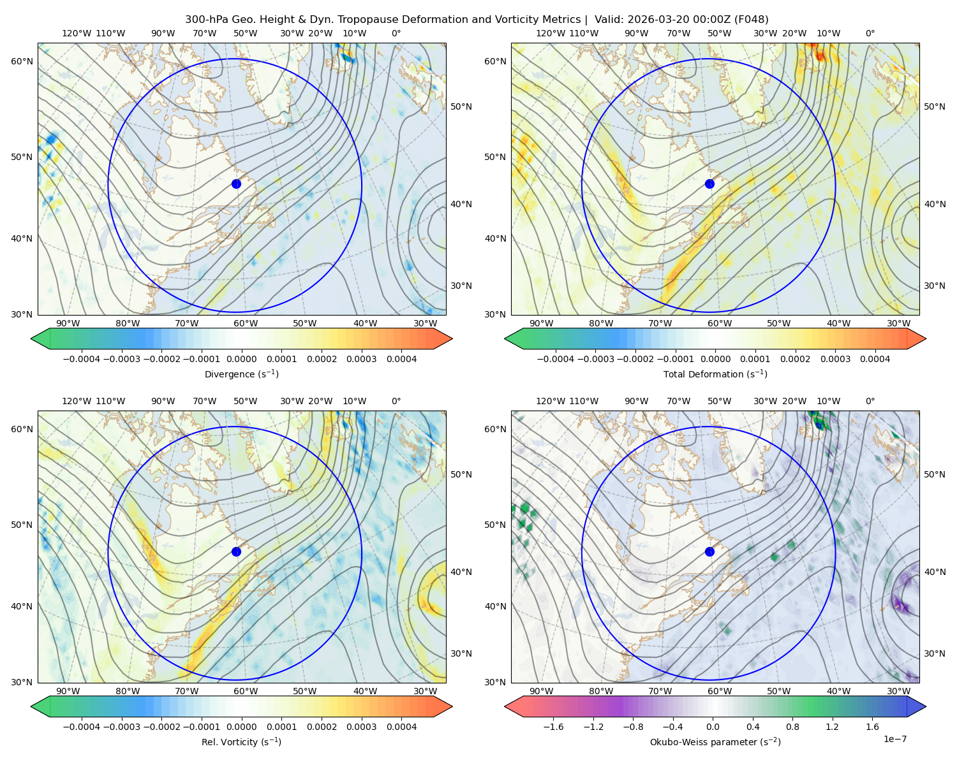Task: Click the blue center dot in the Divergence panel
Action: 236,184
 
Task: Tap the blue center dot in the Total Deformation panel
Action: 709,184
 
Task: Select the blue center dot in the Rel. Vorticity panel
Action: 236,551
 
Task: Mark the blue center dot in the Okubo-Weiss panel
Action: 709,551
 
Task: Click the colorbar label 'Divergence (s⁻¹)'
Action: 241,374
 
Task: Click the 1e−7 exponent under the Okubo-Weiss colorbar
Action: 894,739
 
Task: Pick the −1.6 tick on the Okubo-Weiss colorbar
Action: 553,727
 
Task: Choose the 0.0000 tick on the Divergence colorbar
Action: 241,359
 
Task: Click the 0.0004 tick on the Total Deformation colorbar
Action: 875,359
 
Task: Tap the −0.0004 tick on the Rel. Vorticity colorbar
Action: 82,727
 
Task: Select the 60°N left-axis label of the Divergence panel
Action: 22,61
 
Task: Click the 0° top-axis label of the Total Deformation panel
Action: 870,33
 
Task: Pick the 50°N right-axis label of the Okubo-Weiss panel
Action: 935,474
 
